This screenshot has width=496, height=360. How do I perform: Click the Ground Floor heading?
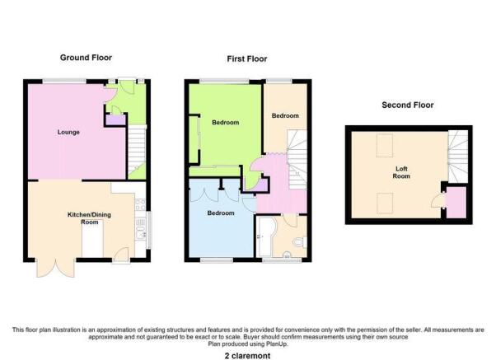click(86, 58)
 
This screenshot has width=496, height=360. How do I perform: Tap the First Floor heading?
click(247, 58)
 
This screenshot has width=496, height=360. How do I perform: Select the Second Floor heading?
click(407, 105)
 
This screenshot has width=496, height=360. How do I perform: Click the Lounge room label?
click(68, 132)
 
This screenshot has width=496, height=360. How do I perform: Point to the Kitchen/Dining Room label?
click(89, 218)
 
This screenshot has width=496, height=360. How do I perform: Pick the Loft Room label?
click(401, 172)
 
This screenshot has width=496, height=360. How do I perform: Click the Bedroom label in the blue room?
click(221, 213)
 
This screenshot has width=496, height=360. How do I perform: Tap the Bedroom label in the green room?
click(225, 122)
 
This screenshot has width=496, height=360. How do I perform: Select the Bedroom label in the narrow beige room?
click(285, 115)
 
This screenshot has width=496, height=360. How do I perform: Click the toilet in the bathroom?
click(299, 243)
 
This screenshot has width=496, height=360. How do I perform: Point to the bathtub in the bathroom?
click(266, 236)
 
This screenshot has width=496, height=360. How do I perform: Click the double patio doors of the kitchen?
click(56, 269)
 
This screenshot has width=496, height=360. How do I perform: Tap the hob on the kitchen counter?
click(140, 204)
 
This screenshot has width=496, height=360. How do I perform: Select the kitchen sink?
click(140, 228)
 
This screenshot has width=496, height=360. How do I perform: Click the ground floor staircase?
click(137, 152)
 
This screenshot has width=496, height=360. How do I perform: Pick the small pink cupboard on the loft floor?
click(456, 202)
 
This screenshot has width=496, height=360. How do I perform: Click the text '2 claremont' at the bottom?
click(247, 356)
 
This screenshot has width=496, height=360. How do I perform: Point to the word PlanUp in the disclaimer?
click(277, 344)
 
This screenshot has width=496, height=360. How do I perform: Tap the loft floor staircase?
click(458, 157)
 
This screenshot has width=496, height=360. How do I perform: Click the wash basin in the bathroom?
click(287, 254)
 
